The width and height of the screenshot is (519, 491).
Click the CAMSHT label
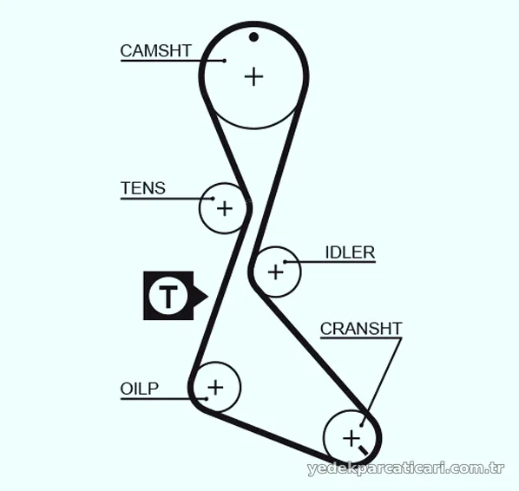(x=156, y=51)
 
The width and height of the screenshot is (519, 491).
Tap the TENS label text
(x=143, y=188)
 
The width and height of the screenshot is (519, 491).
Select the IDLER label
(x=350, y=252)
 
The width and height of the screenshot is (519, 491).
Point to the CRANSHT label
(x=361, y=329)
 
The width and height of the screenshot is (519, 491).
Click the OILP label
(x=140, y=389)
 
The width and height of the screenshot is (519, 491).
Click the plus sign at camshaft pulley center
(x=254, y=76)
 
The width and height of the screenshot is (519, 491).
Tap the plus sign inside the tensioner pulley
(x=225, y=208)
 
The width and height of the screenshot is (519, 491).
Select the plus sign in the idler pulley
(x=276, y=272)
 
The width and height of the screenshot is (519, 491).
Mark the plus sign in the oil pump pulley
(x=215, y=387)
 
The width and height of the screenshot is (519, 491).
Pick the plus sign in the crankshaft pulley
(x=351, y=439)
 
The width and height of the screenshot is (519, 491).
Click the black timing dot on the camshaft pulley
(x=254, y=36)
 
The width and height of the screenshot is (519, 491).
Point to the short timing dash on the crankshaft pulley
(x=363, y=450)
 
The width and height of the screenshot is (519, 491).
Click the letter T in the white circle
(x=168, y=296)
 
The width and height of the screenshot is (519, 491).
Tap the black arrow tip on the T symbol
(x=208, y=296)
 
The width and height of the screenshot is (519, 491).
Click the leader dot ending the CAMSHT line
(x=225, y=61)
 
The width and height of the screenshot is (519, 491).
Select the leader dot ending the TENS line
(x=213, y=199)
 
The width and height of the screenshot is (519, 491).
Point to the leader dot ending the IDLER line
(x=285, y=262)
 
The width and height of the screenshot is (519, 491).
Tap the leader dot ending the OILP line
(x=207, y=399)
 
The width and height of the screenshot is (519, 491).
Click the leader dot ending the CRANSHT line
(x=361, y=425)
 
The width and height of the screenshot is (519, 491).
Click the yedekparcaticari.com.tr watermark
(x=406, y=468)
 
